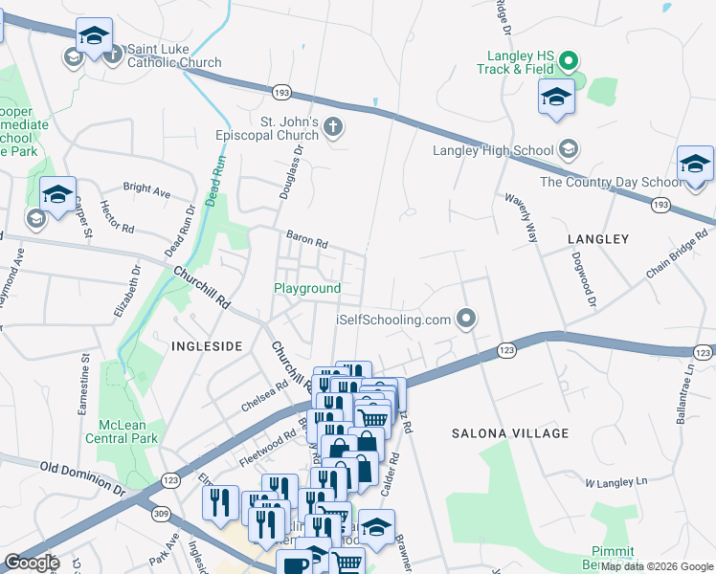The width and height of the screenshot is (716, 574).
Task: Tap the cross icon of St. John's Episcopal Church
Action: click(333, 127)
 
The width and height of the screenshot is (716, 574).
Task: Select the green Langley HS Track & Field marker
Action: click(568, 63)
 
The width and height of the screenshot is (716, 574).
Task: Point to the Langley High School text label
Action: click(493, 150)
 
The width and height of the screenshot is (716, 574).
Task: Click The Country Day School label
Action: click(611, 182)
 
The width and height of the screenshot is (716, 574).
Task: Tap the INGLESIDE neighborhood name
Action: click(206, 345)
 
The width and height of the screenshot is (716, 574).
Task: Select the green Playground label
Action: click(307, 288)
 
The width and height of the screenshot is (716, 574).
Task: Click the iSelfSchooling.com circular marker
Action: click(466, 318)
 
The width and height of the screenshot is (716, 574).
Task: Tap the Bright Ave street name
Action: click(146, 189)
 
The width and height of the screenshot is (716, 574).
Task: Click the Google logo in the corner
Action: click(31, 563)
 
